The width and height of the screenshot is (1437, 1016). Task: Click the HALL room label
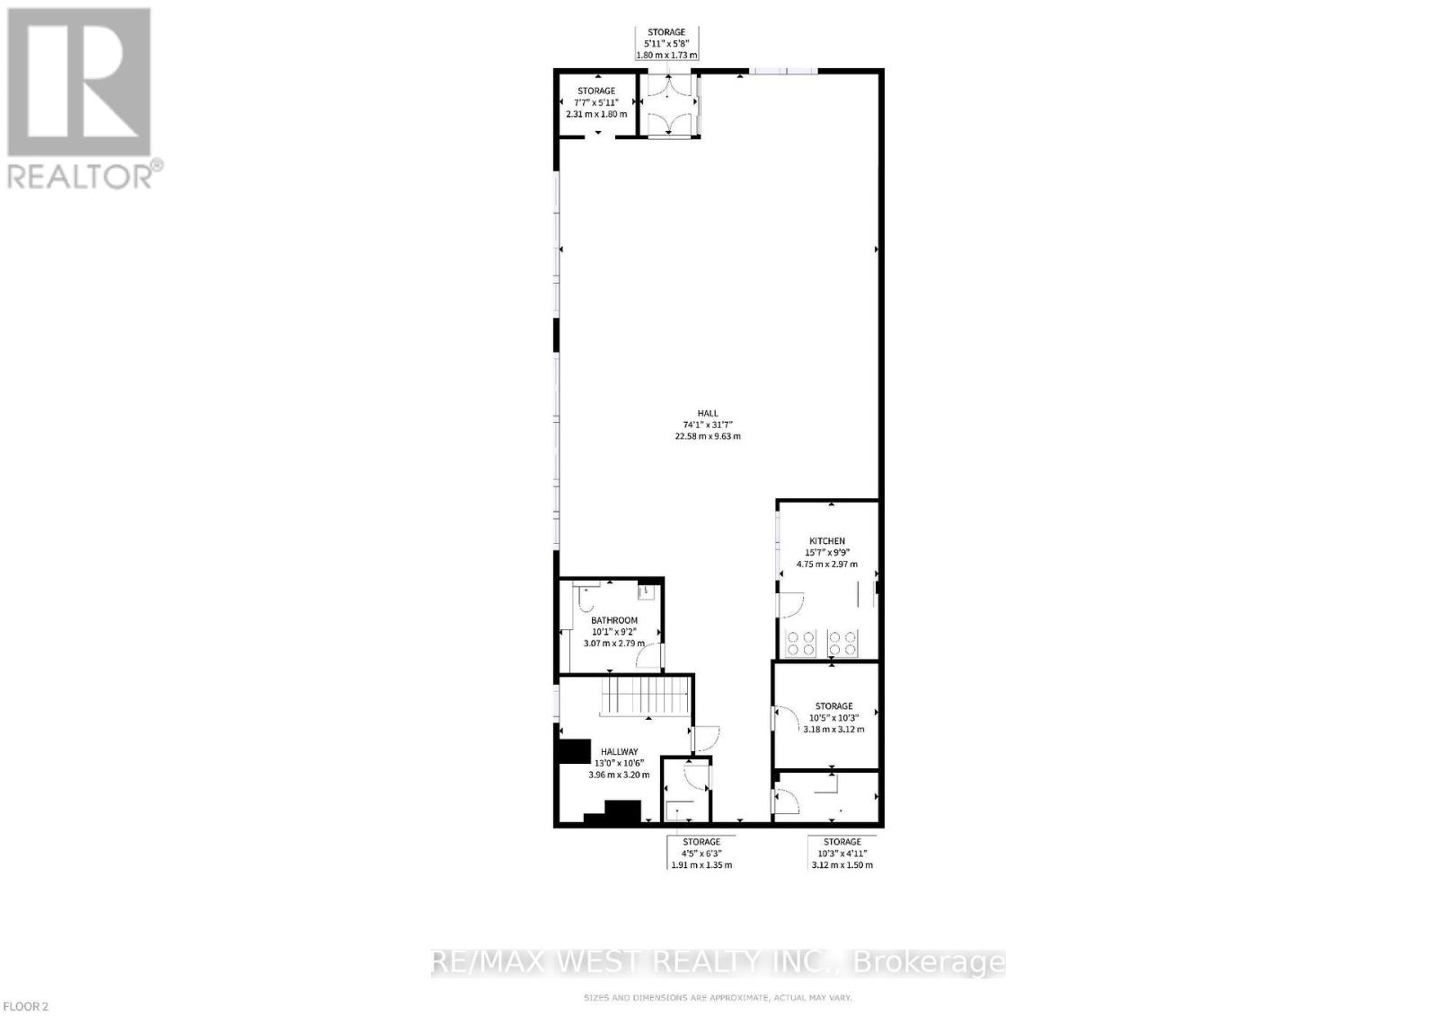pyautogui.click(x=707, y=413)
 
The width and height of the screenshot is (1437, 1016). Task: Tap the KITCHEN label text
pyautogui.click(x=826, y=541)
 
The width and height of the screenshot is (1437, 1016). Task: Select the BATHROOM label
pyautogui.click(x=614, y=620)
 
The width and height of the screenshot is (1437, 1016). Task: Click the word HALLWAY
pyautogui.click(x=619, y=752)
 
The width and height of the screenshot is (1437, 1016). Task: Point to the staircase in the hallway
pyautogui.click(x=646, y=696)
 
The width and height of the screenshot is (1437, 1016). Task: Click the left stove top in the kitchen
pyautogui.click(x=801, y=643)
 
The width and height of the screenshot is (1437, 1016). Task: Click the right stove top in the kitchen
pyautogui.click(x=842, y=643)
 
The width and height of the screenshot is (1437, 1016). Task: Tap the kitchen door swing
pyautogui.click(x=789, y=607)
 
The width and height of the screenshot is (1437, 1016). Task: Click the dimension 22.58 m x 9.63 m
pyautogui.click(x=707, y=436)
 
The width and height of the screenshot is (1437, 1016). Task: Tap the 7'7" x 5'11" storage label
pyautogui.click(x=595, y=102)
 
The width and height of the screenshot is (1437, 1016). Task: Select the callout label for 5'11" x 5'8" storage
pyautogui.click(x=666, y=43)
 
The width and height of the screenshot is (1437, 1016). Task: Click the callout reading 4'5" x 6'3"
pyautogui.click(x=701, y=854)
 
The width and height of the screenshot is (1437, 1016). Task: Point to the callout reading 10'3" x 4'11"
pyautogui.click(x=842, y=854)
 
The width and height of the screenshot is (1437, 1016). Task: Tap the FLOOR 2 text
pyautogui.click(x=24, y=1006)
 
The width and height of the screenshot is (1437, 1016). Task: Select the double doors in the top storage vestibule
pyautogui.click(x=667, y=105)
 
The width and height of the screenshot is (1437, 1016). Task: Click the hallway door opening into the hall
pyautogui.click(x=706, y=738)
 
